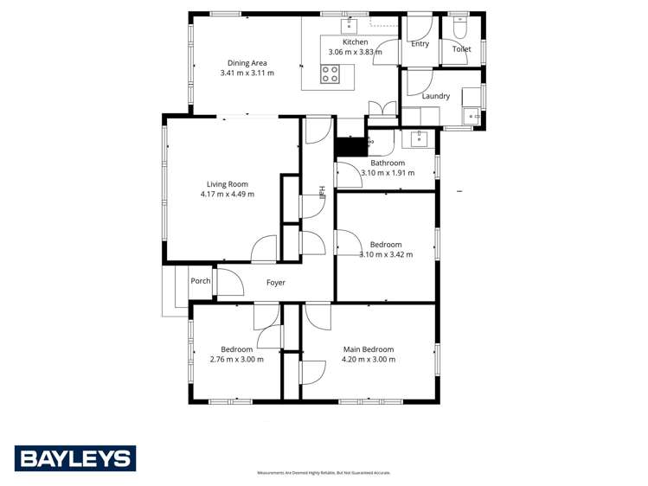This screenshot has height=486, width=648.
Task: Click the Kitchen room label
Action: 356,42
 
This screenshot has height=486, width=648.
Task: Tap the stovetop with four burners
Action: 330,74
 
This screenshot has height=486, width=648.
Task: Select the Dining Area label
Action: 247,62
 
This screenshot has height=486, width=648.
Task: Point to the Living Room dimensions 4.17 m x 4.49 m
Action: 227,194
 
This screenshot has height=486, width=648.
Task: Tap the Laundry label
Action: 435,96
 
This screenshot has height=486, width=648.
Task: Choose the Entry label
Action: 420,44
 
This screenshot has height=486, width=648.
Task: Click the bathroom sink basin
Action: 420,137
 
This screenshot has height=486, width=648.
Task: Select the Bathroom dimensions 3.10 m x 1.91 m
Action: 387,173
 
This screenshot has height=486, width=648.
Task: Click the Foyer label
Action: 275,283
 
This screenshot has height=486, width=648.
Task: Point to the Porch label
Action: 201,281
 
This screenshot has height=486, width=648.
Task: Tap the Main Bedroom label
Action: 368,349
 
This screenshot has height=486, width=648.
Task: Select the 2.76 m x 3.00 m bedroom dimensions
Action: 236,360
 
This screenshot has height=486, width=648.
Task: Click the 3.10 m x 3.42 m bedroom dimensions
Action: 386,254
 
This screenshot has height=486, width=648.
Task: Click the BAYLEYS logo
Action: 75,458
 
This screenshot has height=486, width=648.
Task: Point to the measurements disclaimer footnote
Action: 324,473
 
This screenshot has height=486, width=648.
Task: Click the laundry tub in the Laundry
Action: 472,114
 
